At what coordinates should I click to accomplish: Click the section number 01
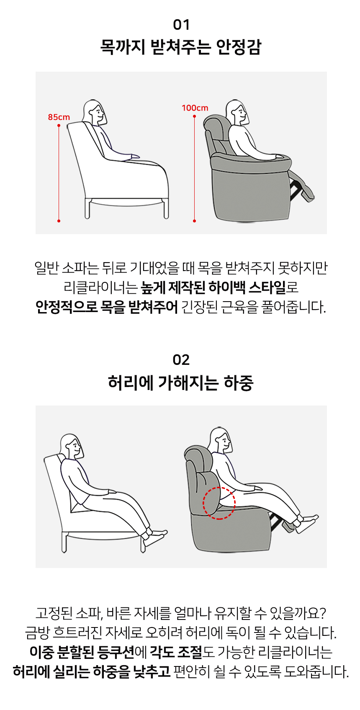[181, 25]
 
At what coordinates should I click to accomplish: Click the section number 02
[181, 360]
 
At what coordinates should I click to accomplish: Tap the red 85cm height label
[59, 117]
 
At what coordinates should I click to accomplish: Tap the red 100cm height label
[195, 108]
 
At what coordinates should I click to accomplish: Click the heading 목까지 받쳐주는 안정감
[181, 47]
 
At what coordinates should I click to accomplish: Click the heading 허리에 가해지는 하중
[181, 382]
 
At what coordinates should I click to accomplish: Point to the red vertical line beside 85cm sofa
[59, 173]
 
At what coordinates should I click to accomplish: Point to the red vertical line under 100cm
[194, 169]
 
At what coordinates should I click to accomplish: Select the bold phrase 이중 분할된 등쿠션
[82, 652]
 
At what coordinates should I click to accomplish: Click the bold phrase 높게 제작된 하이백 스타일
[213, 287]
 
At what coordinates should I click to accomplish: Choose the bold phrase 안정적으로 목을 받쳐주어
[107, 307]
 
